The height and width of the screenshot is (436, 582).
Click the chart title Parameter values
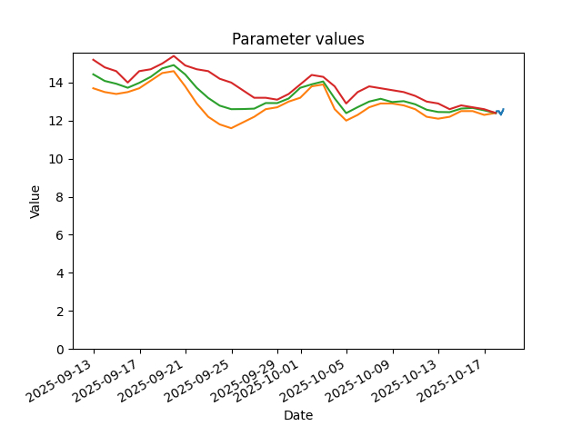[x=298, y=39]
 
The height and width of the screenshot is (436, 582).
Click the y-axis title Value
[x=35, y=202]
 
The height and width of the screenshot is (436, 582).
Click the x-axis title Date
[x=298, y=415]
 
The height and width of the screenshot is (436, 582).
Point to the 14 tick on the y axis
[x=55, y=83]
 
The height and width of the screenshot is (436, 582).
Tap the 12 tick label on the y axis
[x=55, y=121]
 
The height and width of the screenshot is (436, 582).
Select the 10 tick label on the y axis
[x=55, y=159]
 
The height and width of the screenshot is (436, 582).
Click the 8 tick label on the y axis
[x=59, y=197]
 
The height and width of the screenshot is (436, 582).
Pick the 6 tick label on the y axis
[x=59, y=235]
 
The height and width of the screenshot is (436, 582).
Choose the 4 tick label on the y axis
[x=59, y=273]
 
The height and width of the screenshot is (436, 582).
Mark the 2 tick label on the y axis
[x=59, y=311]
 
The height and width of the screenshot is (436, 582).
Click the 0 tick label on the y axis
[x=59, y=349]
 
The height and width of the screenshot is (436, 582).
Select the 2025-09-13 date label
[x=58, y=381]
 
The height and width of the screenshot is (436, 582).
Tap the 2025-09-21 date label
[x=151, y=381]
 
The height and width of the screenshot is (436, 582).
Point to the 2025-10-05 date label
[x=312, y=381]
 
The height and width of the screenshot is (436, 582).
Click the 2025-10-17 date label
[x=450, y=381]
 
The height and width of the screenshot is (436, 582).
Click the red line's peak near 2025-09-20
[x=174, y=56]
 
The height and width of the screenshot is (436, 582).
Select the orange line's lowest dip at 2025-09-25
[x=232, y=128]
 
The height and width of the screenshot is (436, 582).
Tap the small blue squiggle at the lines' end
[x=500, y=112]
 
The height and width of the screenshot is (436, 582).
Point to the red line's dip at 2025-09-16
[x=127, y=83]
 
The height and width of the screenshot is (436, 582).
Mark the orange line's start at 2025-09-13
[x=93, y=88]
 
